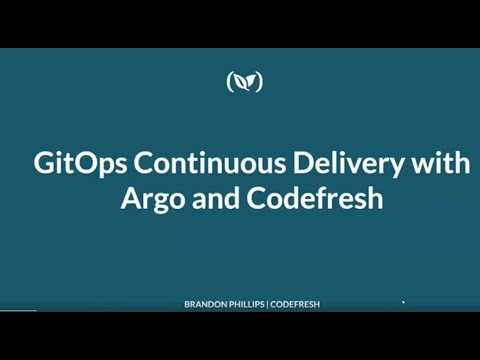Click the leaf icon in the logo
(245, 82)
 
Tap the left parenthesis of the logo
(230, 82)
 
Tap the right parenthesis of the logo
(260, 82)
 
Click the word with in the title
(438, 163)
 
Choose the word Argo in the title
(151, 197)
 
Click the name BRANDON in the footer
(207, 304)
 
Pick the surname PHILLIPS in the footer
(251, 304)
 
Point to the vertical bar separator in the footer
(274, 304)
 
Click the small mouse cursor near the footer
(403, 301)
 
